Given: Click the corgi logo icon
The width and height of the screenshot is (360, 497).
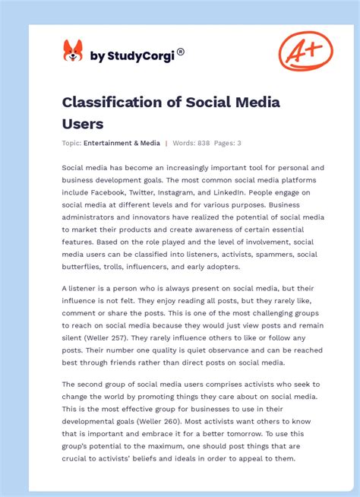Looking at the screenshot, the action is coord(72,52).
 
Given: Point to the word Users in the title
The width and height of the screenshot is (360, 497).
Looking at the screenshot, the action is coord(83,122).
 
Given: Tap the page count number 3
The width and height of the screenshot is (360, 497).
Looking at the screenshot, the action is coord(238,143).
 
